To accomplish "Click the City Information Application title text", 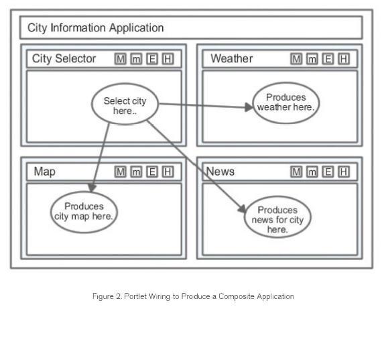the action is (x=96, y=28).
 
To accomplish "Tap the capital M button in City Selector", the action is (x=120, y=59).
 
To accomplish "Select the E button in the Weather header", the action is (x=328, y=59).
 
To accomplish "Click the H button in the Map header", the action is (x=168, y=172).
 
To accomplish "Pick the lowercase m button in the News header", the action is (x=312, y=172).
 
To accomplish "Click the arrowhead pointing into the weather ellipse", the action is (x=249, y=107).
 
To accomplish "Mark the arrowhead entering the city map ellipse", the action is (x=92, y=188).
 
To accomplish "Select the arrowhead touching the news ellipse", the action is (x=242, y=209).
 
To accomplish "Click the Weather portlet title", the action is (x=232, y=58).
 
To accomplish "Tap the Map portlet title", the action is (x=45, y=172).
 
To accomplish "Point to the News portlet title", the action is (x=220, y=172).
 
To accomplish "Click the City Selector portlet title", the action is (x=64, y=59).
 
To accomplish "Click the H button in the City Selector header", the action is (x=168, y=59).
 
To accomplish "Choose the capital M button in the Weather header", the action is (x=296, y=59).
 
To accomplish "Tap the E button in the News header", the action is (x=328, y=172).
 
